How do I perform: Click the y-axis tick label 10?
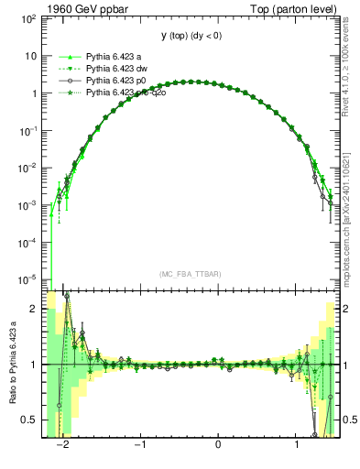point(31,56)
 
